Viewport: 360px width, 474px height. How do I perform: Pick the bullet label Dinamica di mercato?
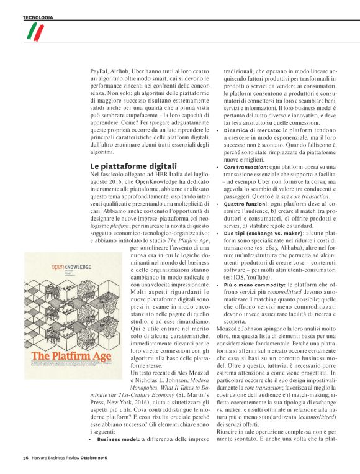pyautogui.click(x=252, y=131)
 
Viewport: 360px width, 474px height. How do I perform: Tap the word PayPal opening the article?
pyautogui.click(x=98, y=72)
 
